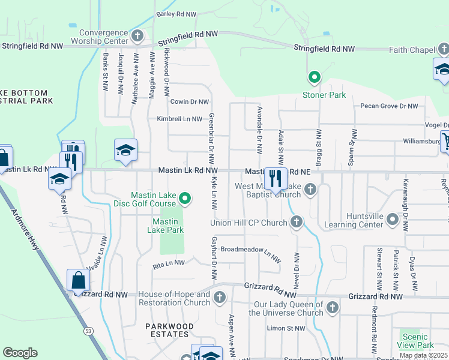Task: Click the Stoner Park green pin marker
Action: pos(313,77)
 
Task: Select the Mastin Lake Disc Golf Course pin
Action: pos(185,199)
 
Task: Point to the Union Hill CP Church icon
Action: pos(296,223)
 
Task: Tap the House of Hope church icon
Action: pos(220,298)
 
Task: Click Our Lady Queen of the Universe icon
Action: pos(333,308)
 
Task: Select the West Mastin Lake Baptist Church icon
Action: pos(310,190)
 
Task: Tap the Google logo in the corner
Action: pos(20,353)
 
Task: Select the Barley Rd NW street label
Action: pos(176,14)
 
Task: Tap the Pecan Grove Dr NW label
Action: pos(389,106)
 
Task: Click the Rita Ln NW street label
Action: pos(169,263)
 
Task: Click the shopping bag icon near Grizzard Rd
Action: pos(79,280)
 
